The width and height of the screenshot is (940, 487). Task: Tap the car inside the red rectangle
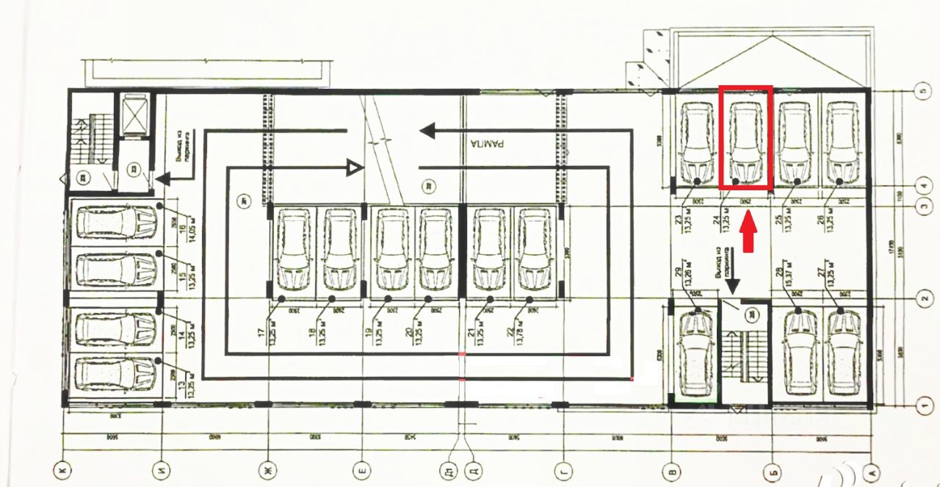745,142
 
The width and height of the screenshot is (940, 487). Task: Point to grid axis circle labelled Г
564,468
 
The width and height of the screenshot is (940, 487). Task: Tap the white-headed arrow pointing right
355,169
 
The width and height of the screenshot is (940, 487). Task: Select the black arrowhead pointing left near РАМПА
428,131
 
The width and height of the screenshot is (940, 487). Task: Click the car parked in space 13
116,373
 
